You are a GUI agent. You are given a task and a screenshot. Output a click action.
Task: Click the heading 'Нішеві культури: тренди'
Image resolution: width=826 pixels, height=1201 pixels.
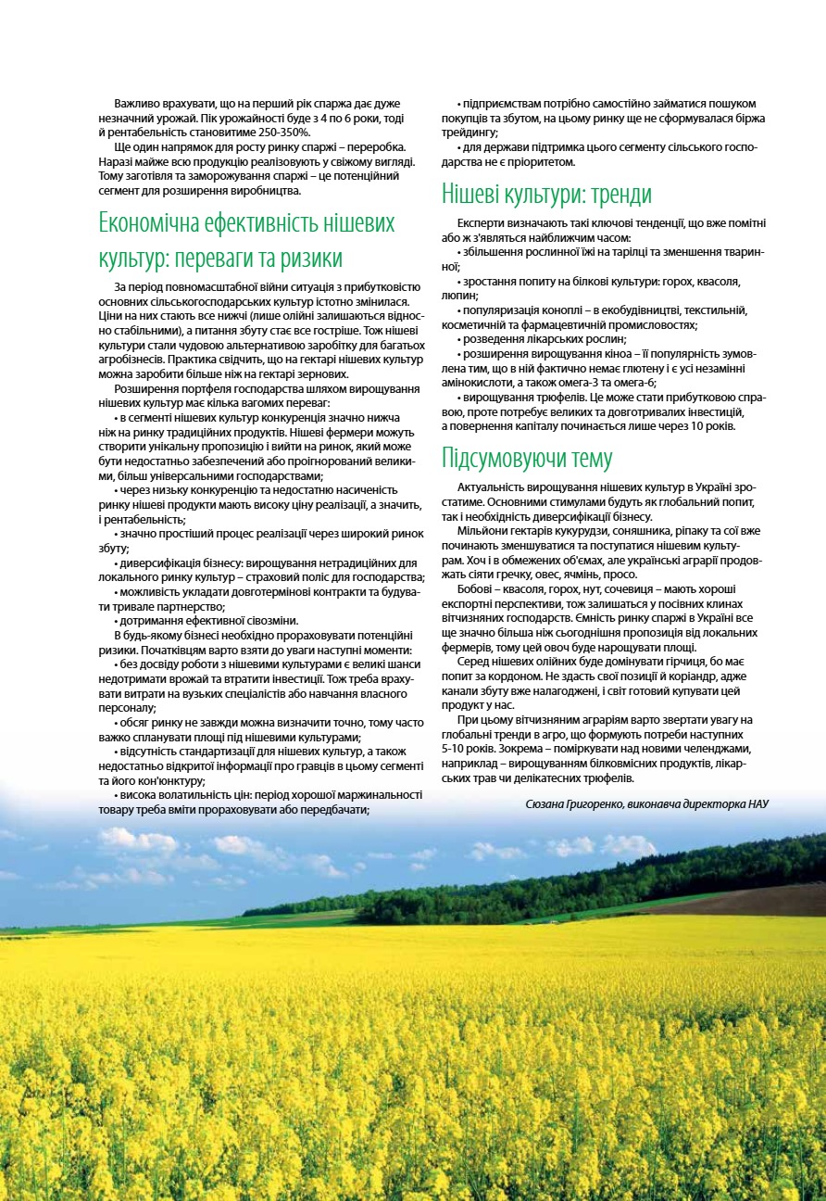[x=546, y=195]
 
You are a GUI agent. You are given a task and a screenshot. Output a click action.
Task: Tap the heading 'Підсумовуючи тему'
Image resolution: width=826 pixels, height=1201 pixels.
[x=527, y=458]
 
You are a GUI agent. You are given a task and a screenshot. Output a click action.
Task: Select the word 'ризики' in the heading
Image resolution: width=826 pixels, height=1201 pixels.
[x=310, y=257]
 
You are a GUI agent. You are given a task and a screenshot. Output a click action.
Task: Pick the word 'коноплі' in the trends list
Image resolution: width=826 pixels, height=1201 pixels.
[x=557, y=310]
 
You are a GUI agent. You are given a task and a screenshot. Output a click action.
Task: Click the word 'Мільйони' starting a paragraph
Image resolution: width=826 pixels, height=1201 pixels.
[x=483, y=530]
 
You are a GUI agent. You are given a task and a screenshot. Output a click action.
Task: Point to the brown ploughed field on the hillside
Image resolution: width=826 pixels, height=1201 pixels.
[x=741, y=900]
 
